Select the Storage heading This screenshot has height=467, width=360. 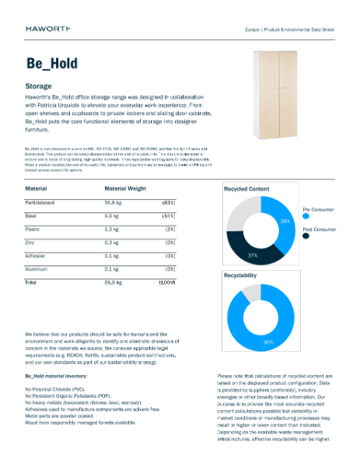(39, 86)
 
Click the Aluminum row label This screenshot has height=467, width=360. (39, 269)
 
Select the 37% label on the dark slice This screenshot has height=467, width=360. (252, 255)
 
